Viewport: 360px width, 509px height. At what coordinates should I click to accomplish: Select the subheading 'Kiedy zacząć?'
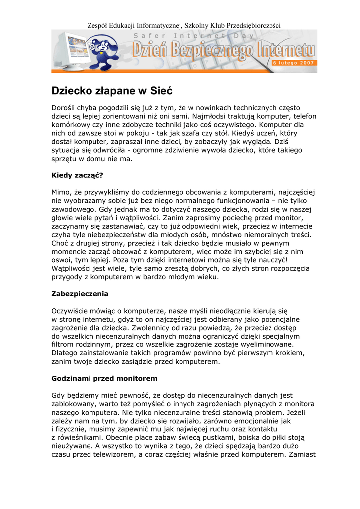[x=78, y=175]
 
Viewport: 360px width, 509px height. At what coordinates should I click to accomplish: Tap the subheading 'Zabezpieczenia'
[x=80, y=293]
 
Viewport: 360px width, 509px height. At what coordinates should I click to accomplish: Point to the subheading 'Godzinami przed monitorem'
[x=104, y=378]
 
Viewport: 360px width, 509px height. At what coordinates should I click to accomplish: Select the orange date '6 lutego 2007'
[x=293, y=63]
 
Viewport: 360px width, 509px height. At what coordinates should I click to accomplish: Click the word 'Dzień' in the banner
[x=149, y=50]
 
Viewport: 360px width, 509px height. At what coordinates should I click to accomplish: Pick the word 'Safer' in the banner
[x=149, y=36]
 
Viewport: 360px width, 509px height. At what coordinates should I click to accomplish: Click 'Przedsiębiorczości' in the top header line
[x=254, y=25]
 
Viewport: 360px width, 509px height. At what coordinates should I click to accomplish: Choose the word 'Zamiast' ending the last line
[x=301, y=454]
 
